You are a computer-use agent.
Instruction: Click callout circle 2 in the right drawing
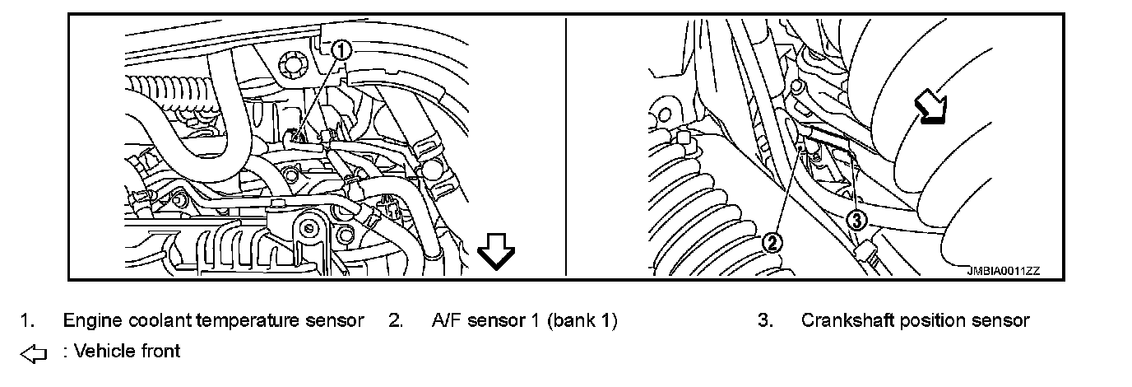tap(772, 242)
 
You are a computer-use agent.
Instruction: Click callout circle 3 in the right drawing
tap(856, 219)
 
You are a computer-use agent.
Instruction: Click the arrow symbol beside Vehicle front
tap(34, 353)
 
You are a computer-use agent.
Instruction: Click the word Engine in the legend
tap(89, 320)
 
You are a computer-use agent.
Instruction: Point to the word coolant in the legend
tap(152, 320)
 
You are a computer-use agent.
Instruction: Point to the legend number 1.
tap(26, 320)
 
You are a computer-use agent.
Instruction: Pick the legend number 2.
tap(394, 320)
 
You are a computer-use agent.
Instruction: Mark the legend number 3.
tap(764, 320)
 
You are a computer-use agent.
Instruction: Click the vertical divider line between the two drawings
tap(566, 148)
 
